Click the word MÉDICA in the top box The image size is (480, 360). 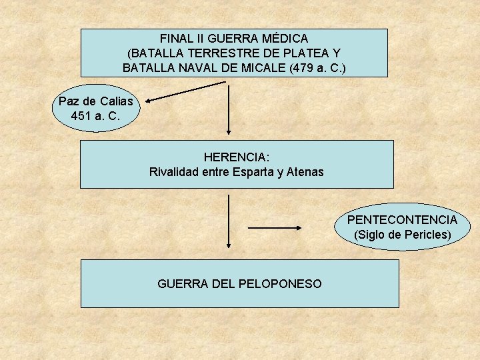click(284, 39)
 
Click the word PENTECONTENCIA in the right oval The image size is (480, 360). click(402, 220)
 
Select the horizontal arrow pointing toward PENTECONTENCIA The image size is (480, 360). click(275, 227)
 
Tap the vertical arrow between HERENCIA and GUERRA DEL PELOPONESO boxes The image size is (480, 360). click(229, 223)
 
